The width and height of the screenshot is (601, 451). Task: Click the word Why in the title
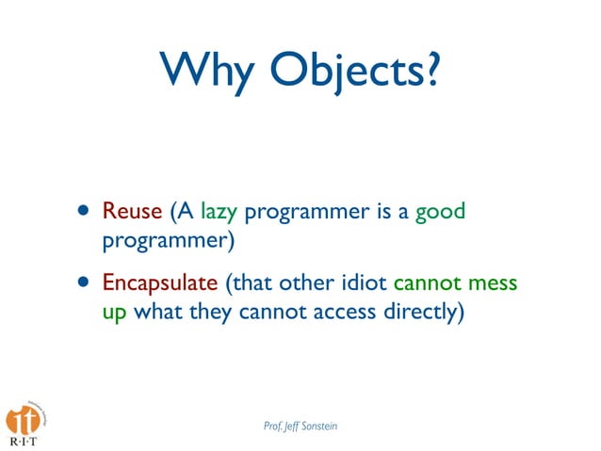point(208,72)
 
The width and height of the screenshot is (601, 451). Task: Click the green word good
point(440,211)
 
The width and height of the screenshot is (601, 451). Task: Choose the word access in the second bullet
point(337,312)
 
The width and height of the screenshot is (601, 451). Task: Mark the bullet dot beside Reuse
point(85,211)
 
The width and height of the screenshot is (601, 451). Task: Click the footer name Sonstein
point(316,427)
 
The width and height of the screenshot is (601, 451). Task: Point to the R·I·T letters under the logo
point(24,442)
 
